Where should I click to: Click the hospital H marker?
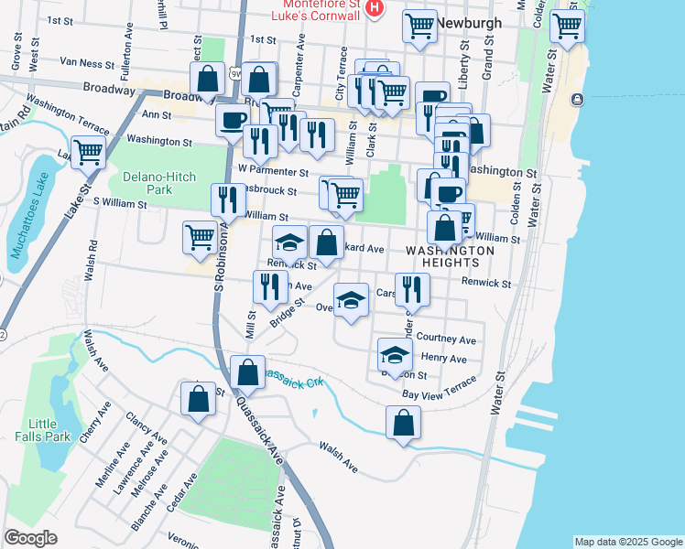pos(374,8)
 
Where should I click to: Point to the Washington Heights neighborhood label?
pos(450,255)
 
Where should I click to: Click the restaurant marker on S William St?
pos(227,199)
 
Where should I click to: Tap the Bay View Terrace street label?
pos(440,388)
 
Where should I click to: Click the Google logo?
pos(30,538)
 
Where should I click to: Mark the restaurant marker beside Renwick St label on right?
pos(412,289)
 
